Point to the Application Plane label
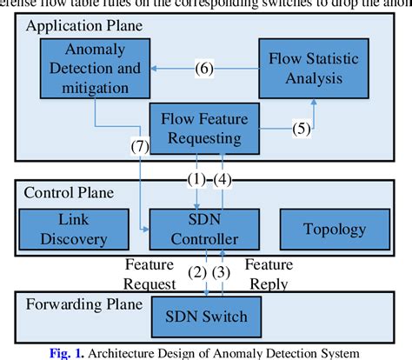[x=85, y=26]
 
